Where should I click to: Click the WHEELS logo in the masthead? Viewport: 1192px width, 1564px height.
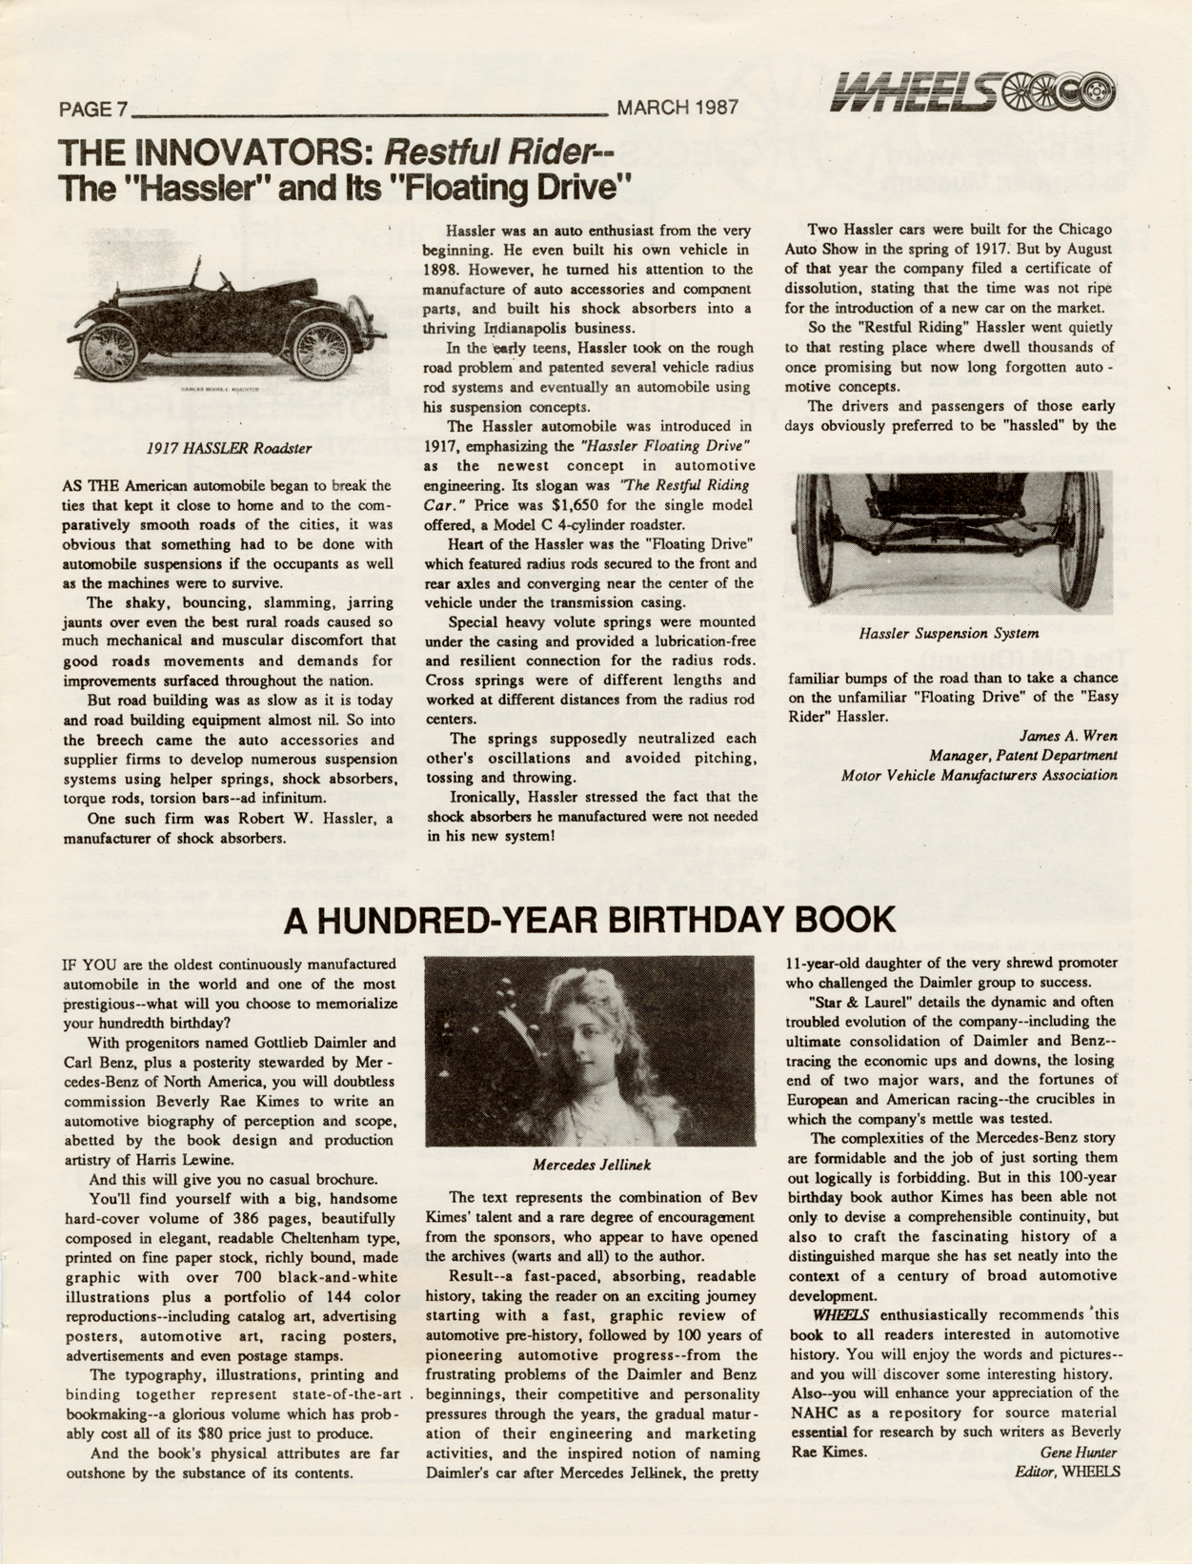(972, 93)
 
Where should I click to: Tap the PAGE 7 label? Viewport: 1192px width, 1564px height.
(93, 109)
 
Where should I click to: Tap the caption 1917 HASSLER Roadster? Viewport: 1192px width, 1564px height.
(229, 447)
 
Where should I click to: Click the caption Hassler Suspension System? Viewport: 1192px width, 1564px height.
(948, 633)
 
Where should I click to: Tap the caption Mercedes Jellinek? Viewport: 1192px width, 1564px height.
(592, 1165)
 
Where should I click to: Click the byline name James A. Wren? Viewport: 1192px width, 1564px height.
(1068, 736)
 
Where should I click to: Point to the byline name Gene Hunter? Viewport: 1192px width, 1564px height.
(1079, 1452)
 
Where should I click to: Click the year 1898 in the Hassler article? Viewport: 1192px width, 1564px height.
(444, 270)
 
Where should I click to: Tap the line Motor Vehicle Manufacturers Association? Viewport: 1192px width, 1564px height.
(979, 775)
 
